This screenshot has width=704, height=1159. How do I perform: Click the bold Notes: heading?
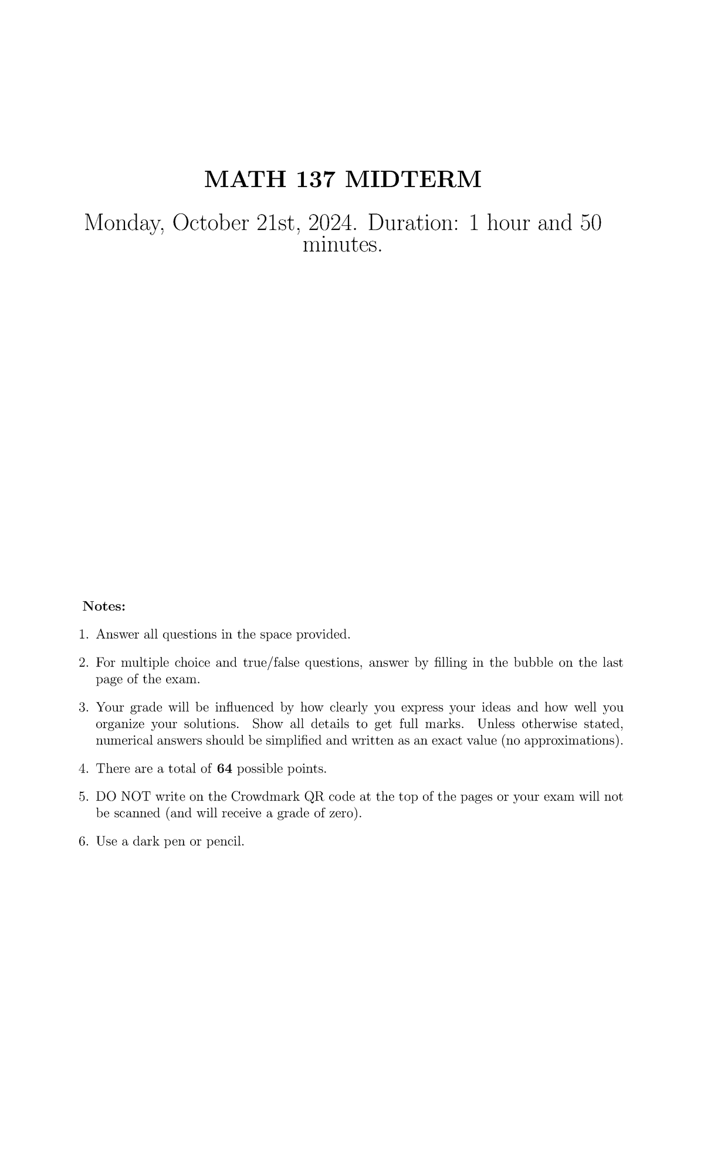[x=104, y=606]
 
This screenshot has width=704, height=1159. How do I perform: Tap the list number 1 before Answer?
[x=83, y=634]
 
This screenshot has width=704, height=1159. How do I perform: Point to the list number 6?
[x=83, y=842]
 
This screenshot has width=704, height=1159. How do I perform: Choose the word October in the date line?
[x=205, y=223]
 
